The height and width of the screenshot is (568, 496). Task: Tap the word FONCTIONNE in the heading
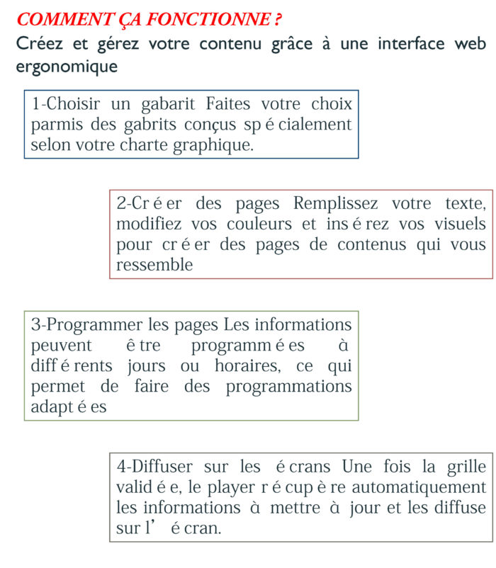point(206,20)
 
